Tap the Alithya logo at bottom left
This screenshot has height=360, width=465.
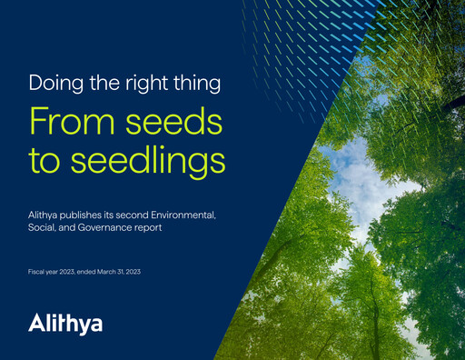[x=64, y=322]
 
